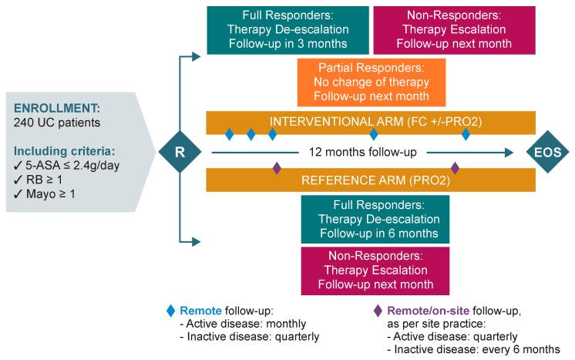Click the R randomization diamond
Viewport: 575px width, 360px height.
(x=179, y=152)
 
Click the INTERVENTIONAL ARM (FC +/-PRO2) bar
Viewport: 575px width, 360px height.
(x=371, y=122)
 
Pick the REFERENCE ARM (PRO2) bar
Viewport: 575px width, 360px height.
(x=371, y=181)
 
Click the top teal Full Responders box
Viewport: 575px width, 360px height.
(x=287, y=30)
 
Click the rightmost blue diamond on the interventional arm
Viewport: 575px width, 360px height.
(x=466, y=135)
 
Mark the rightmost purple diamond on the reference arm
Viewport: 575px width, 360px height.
(x=455, y=167)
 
